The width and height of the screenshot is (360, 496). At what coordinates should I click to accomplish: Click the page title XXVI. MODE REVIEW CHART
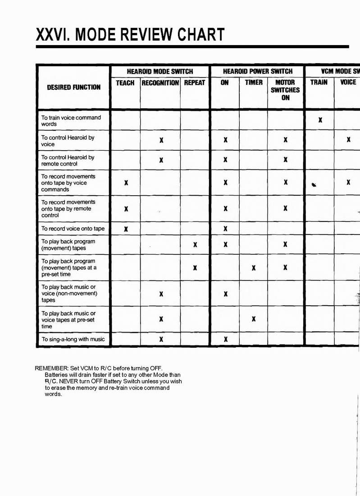pos(130,35)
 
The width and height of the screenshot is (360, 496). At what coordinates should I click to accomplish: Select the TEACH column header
pos(125,83)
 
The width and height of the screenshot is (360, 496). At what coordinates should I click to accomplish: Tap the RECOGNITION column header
pos(160,83)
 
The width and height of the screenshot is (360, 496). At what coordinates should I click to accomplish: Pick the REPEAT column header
pos(195,83)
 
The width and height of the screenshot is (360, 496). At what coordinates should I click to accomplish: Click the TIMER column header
pos(253,83)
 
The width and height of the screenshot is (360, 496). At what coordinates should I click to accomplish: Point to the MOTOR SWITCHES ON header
pos(285,90)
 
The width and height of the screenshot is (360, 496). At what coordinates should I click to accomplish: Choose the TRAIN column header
pos(319,83)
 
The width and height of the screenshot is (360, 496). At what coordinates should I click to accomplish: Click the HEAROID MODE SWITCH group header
pos(160,71)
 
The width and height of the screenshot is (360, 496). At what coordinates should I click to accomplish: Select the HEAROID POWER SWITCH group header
pos(258,71)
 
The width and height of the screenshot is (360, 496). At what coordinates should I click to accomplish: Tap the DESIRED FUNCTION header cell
pos(73,87)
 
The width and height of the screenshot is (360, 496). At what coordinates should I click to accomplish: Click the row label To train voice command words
pos(71,121)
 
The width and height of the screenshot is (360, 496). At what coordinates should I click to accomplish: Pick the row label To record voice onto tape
pos(73,229)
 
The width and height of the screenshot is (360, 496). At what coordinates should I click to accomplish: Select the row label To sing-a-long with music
pos(73,339)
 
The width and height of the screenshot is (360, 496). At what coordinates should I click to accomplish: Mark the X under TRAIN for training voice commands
pos(320,120)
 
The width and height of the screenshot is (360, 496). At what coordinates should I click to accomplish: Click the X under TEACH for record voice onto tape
pos(126,229)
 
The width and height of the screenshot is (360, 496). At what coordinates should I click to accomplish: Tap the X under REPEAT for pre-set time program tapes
pos(195,268)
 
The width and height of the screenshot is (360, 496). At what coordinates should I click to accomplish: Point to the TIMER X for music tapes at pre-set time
pos(254,319)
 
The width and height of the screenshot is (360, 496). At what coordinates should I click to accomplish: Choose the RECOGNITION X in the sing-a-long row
pos(161,339)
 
